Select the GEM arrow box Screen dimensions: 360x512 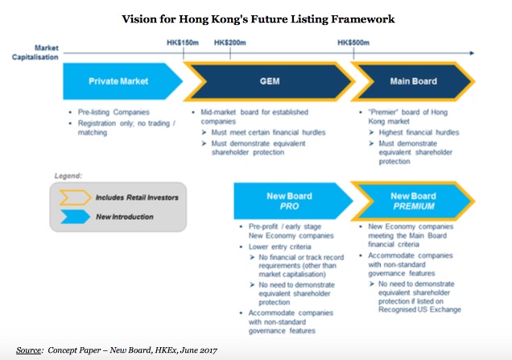pyautogui.click(x=270, y=81)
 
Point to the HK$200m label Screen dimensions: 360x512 pyautogui.click(x=230, y=43)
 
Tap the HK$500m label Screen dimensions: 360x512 pyautogui.click(x=354, y=43)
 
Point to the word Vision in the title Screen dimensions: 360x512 pyautogui.click(x=139, y=18)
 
